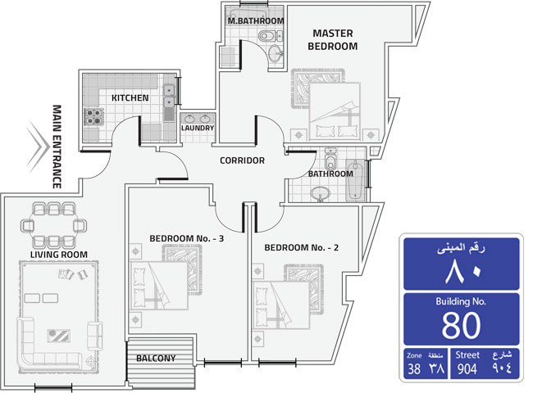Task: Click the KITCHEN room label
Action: tap(130, 97)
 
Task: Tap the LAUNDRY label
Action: tap(198, 128)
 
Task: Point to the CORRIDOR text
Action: tap(242, 160)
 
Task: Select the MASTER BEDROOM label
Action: tap(333, 39)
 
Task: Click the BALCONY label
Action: tap(156, 358)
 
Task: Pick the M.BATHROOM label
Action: tap(256, 21)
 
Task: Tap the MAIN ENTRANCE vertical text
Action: tap(57, 147)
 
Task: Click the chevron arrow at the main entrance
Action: tap(38, 147)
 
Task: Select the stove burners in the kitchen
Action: tap(94, 116)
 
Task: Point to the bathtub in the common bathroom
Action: tap(355, 181)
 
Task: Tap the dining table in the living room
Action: tap(53, 225)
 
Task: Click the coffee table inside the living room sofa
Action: tap(59, 336)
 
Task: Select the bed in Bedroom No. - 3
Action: tap(159, 286)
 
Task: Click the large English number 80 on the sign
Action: tap(462, 326)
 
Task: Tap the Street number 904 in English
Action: tap(467, 369)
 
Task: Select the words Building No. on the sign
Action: tap(461, 301)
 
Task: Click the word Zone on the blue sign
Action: tap(414, 355)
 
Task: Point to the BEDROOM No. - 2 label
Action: tap(302, 248)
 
